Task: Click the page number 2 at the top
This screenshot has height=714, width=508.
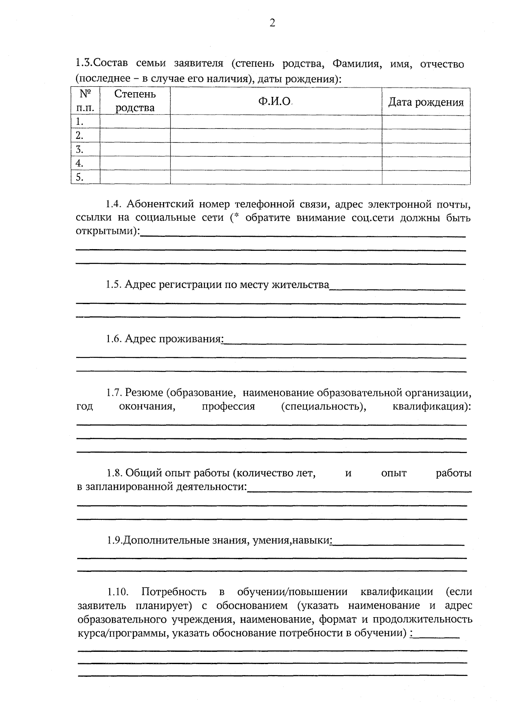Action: point(272,23)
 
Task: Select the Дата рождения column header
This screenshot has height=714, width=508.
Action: point(426,102)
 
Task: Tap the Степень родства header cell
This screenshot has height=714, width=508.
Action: point(135,101)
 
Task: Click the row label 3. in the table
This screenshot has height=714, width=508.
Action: point(79,149)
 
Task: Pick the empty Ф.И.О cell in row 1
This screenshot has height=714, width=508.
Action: point(276,122)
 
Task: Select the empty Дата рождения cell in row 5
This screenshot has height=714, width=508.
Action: point(426,177)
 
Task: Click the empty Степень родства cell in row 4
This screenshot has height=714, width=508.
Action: point(135,163)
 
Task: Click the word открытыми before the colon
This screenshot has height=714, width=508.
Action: point(106,232)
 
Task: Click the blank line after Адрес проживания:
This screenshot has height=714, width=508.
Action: point(344,343)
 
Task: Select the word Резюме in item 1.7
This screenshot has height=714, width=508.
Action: point(144,393)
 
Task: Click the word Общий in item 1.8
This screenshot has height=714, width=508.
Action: point(141,473)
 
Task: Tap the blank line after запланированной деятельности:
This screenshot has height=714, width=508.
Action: point(359,490)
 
